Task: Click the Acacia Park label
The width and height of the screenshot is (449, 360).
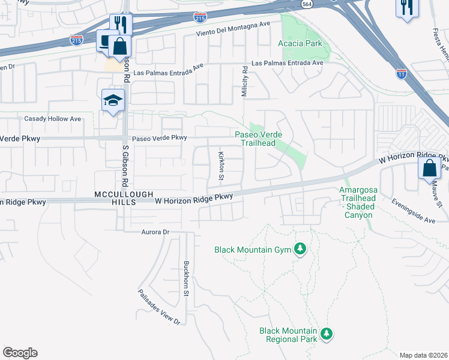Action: pos(300,43)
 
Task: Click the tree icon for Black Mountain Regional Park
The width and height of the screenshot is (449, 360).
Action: pos(326,332)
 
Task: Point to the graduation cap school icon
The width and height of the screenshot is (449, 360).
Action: pos(113,101)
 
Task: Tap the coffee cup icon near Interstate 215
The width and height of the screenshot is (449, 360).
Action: pos(106,41)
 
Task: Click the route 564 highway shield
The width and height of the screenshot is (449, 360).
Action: pos(306,4)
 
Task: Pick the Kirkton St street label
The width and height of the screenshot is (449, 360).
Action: pos(220,166)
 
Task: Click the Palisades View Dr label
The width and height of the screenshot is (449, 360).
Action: pos(159,307)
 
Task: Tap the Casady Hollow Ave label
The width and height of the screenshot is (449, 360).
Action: pos(52,119)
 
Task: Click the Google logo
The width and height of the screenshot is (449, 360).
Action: pos(20,353)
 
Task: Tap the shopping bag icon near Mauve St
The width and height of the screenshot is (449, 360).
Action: pos(430,168)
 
